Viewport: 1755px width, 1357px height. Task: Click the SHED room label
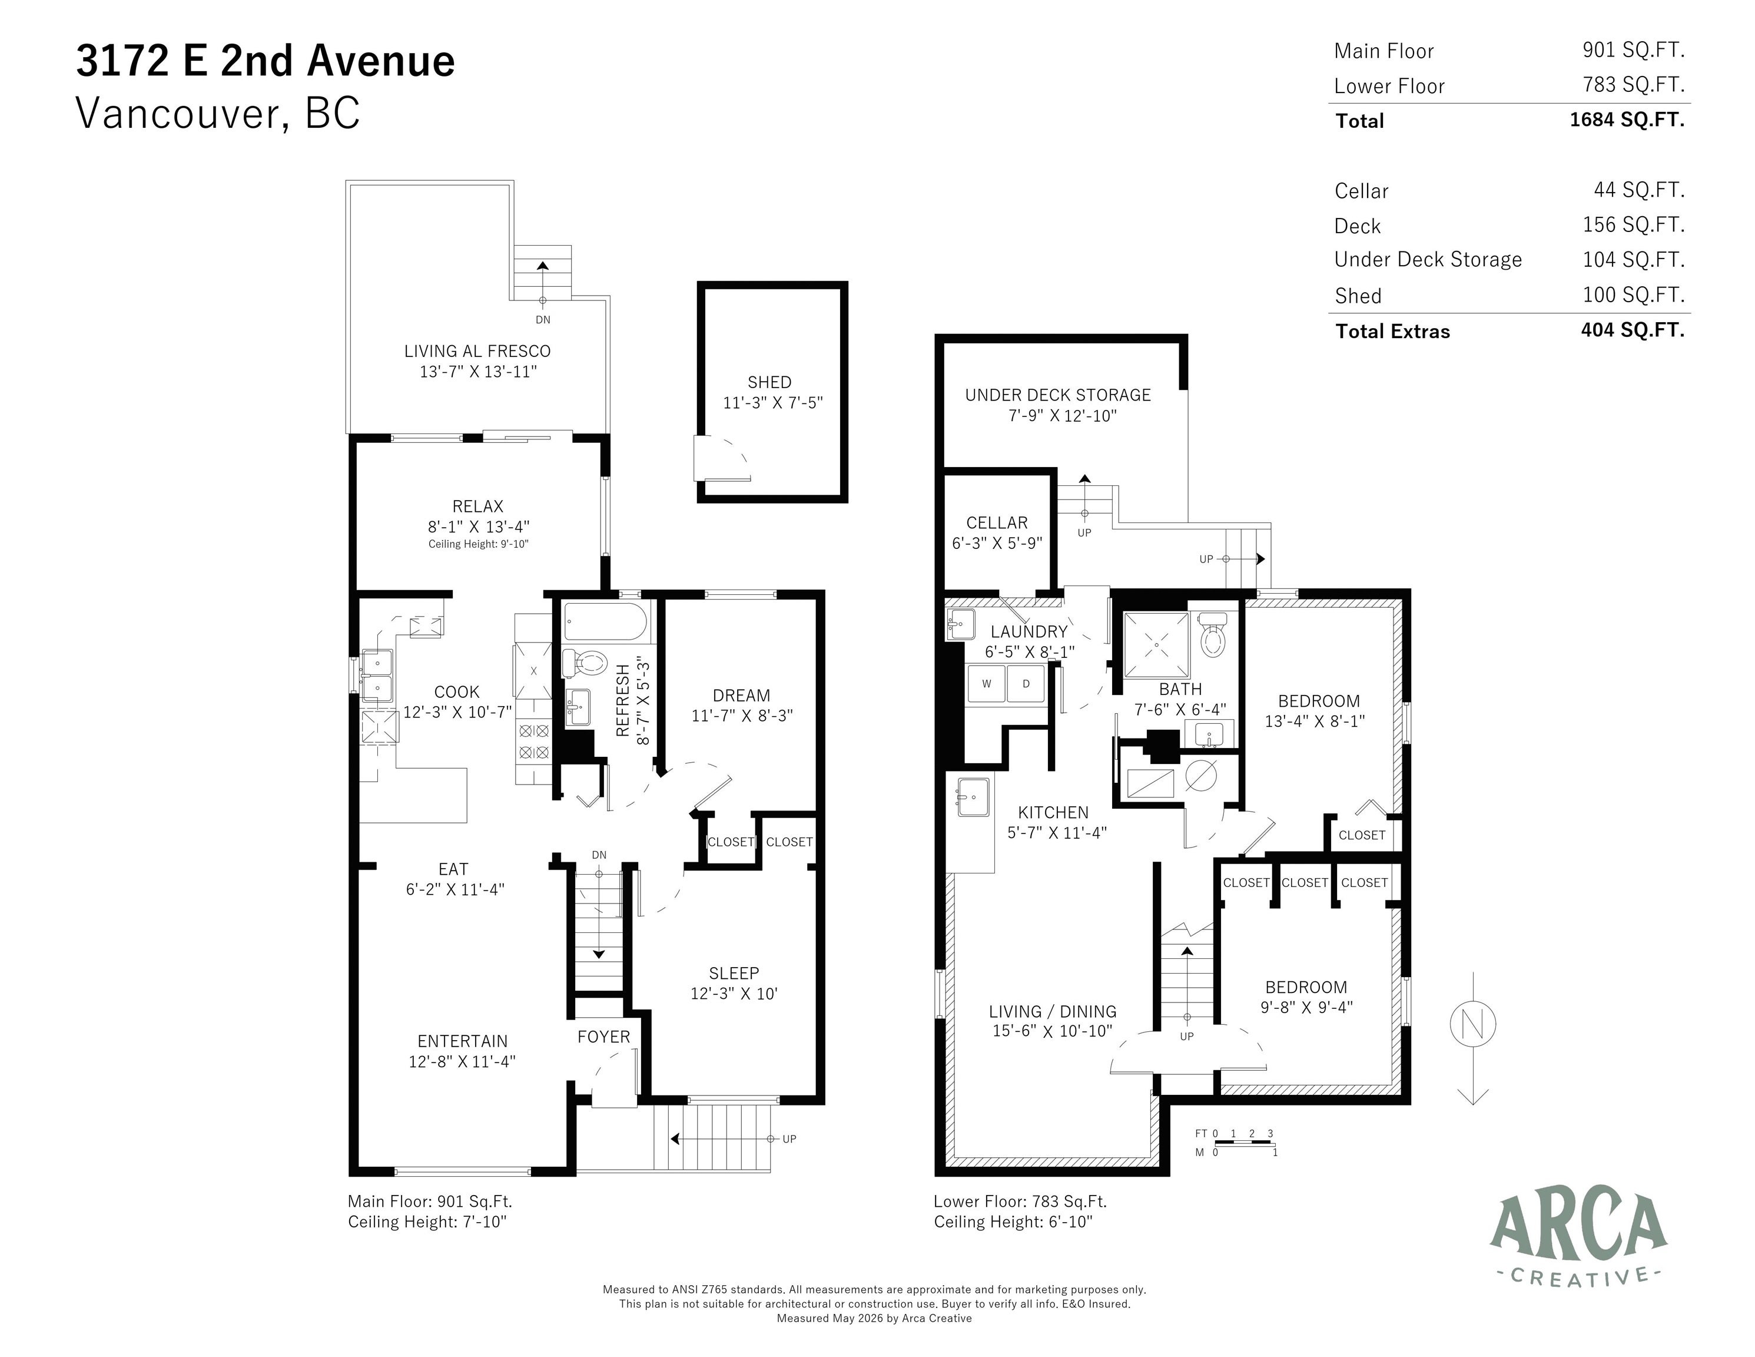769,383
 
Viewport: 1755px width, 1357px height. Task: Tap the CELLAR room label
997,522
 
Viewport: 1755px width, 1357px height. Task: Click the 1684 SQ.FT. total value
1627,120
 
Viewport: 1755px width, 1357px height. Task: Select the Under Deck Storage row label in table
1428,260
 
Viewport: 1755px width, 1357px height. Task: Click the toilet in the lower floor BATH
1211,635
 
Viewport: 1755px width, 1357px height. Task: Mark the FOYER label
603,1037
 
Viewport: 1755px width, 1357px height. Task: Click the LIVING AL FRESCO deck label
477,351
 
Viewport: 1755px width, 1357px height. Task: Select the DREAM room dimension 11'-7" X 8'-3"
742,716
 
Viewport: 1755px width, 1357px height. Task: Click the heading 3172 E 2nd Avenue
265,61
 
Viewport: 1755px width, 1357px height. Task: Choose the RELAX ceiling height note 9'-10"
478,544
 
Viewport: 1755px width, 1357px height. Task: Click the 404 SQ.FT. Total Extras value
1632,330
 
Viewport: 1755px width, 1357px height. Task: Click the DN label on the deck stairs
543,320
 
